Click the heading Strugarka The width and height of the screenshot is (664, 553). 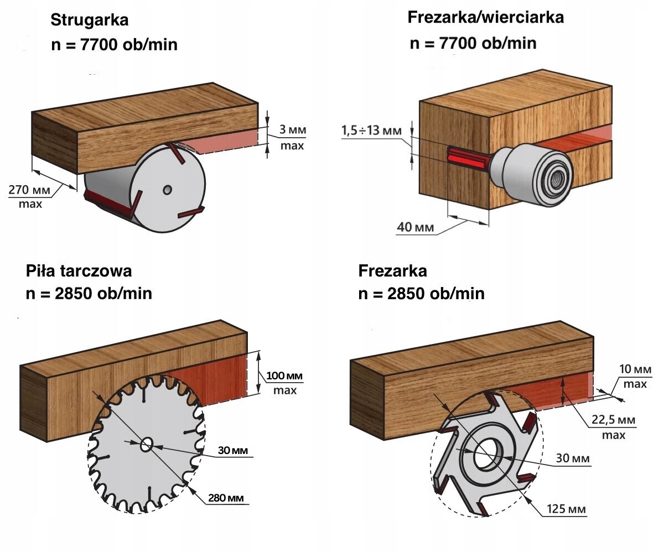coord(90,21)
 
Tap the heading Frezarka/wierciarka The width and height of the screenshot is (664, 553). coord(485,17)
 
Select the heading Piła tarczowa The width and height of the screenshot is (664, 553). coord(79,271)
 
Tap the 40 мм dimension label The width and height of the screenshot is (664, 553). coord(415,227)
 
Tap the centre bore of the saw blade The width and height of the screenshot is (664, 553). coord(148,444)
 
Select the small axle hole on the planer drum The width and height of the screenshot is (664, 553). coord(167,190)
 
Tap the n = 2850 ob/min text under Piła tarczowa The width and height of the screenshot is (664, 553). coord(89,293)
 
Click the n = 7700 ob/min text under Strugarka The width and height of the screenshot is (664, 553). coord(114,44)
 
